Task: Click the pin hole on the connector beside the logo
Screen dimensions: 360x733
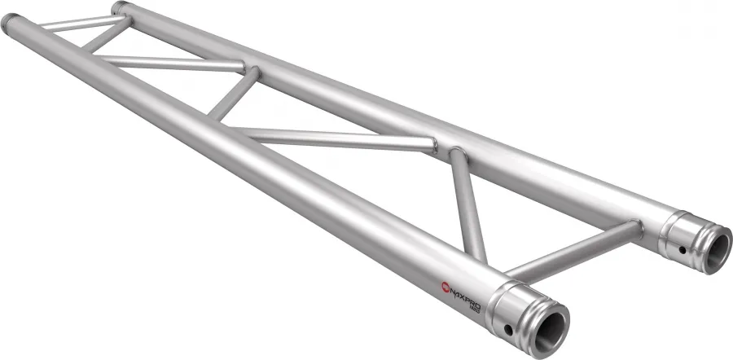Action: coord(508,329)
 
